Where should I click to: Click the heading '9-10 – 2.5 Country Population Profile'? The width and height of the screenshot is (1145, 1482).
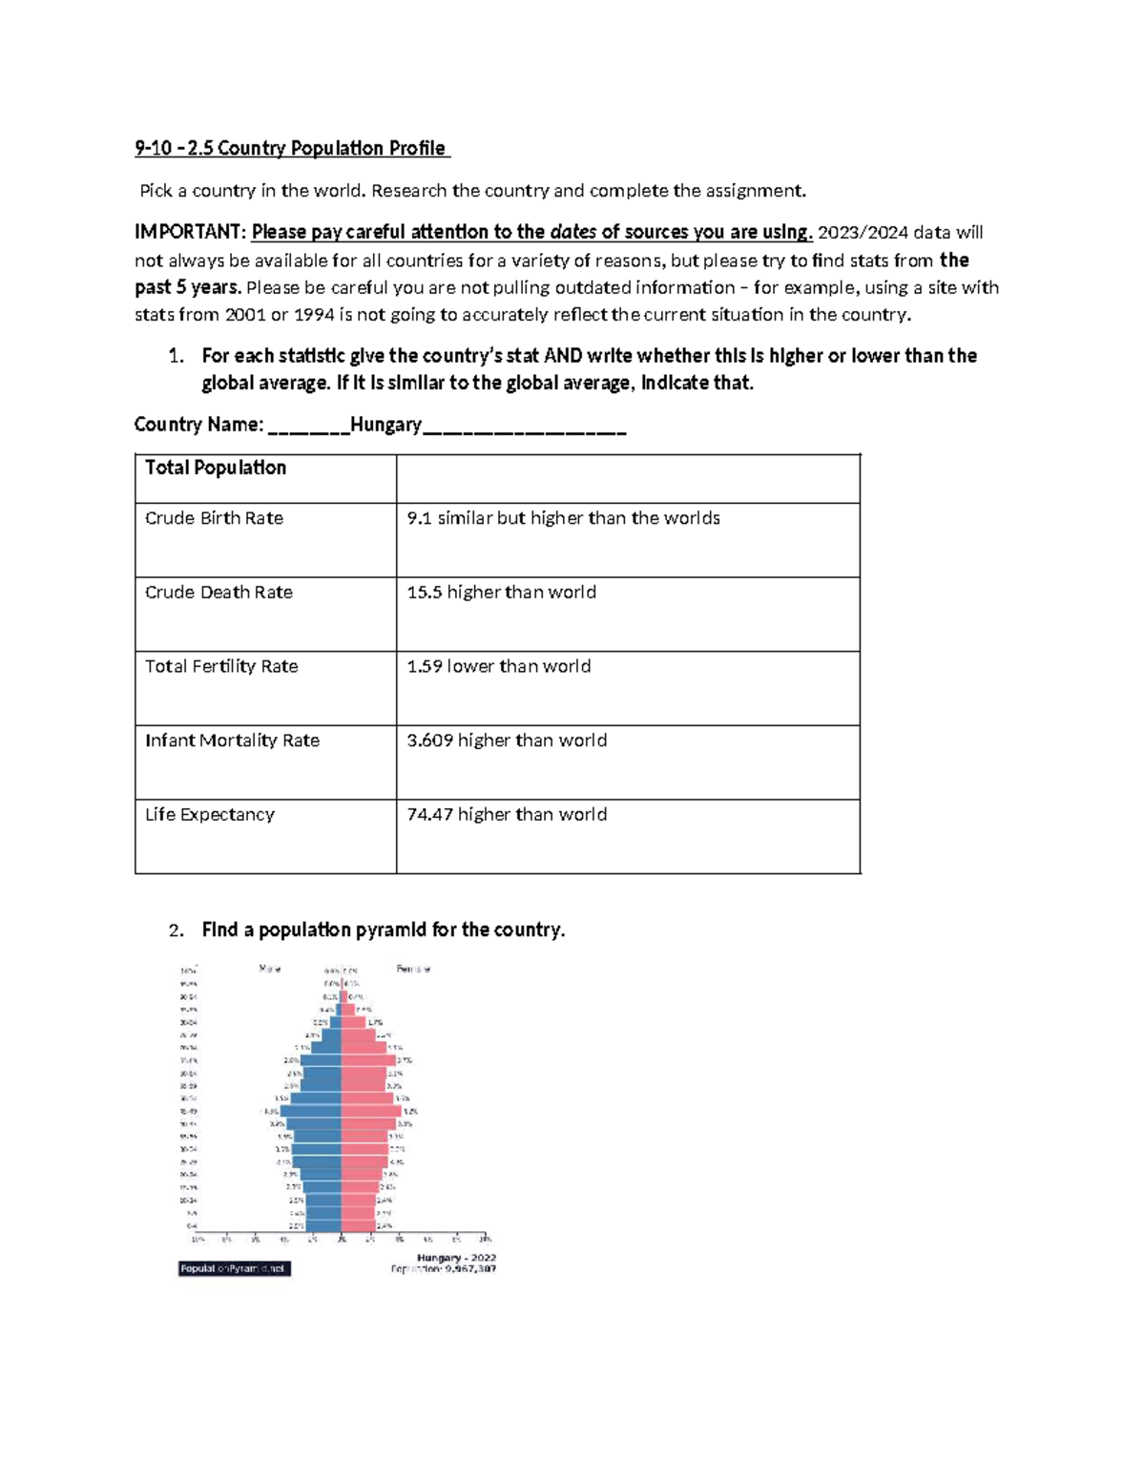[291, 148]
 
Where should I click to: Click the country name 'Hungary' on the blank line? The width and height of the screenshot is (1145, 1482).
[385, 425]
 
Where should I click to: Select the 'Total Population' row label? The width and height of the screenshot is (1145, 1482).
[216, 468]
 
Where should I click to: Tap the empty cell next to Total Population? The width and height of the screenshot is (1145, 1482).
[628, 478]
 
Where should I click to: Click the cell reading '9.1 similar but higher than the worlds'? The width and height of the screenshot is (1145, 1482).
[563, 518]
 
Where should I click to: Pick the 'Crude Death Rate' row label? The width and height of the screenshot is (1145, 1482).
[219, 593]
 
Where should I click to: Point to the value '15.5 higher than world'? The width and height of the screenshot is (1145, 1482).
[501, 593]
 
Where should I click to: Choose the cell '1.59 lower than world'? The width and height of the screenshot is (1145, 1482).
[498, 666]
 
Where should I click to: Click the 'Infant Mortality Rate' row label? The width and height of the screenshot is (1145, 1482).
[232, 741]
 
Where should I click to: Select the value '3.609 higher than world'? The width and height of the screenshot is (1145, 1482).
[507, 741]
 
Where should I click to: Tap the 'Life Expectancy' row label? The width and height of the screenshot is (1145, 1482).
[210, 815]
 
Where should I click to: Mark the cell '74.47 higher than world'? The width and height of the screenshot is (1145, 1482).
[507, 815]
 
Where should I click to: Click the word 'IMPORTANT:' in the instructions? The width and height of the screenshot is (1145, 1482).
[190, 233]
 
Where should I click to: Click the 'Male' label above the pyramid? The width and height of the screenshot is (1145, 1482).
[270, 969]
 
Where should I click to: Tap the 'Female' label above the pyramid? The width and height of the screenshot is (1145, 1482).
[413, 969]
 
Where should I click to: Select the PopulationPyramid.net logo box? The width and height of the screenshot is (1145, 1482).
[234, 1268]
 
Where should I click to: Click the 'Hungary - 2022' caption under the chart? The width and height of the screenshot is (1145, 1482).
[456, 1258]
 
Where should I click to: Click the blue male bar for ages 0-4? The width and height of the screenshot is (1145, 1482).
[323, 1225]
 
